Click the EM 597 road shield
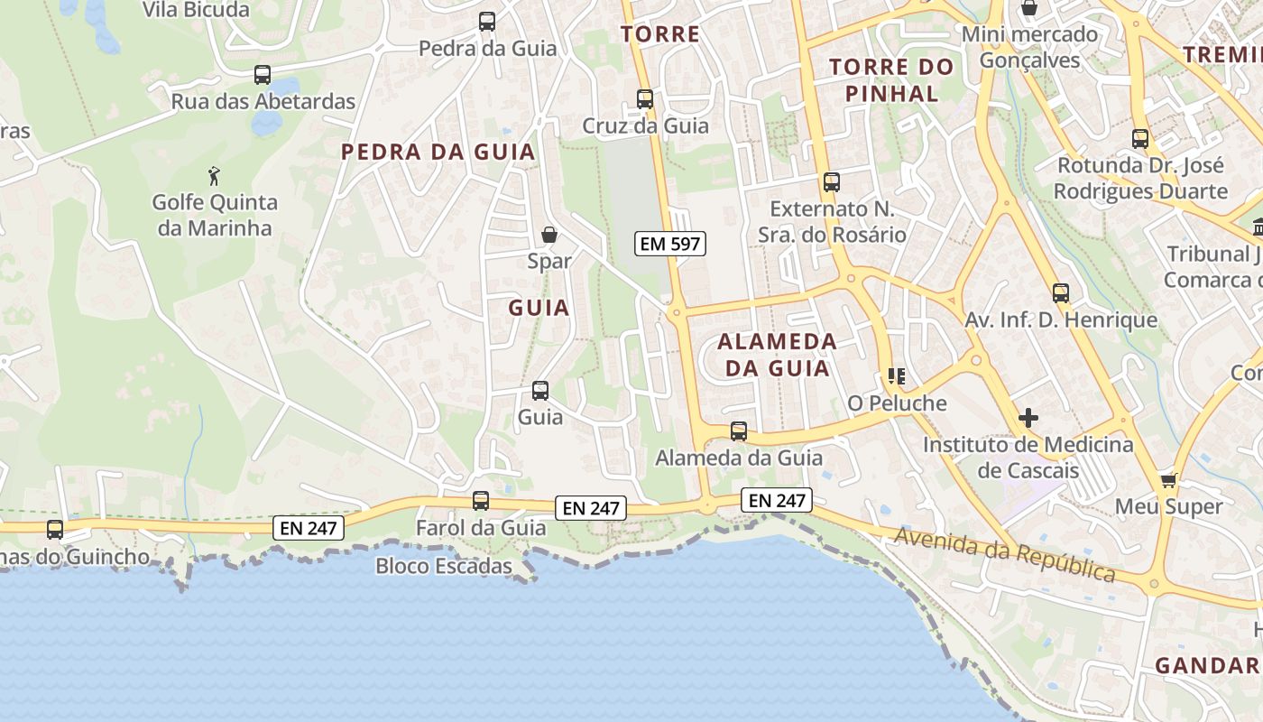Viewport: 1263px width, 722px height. point(669,244)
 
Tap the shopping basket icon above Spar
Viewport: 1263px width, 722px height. point(549,236)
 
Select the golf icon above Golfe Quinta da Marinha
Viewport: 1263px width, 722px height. point(214,175)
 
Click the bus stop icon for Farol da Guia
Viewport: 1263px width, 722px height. point(481,501)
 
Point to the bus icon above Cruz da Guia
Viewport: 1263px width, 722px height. point(645,99)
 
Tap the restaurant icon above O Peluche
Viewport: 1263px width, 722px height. point(896,376)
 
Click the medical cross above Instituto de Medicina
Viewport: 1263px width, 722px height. point(1028,418)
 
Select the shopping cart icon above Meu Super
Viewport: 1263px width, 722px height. point(1168,480)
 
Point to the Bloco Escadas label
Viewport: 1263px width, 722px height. point(444,567)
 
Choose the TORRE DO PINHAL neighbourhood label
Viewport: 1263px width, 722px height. point(891,79)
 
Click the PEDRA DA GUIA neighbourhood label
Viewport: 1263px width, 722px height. point(438,152)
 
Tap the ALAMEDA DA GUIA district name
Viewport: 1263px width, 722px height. point(778,355)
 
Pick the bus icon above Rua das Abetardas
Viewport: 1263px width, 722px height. point(263,75)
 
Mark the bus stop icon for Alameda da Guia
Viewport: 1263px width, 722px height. point(739,431)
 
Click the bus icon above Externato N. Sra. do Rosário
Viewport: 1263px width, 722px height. point(831,182)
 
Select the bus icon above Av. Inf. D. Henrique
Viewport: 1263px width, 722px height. point(1061,293)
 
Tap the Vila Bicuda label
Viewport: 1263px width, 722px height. point(196,10)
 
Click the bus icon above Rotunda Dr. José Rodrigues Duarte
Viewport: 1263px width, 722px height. point(1140,139)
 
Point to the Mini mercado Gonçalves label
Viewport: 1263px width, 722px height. point(1029,47)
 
